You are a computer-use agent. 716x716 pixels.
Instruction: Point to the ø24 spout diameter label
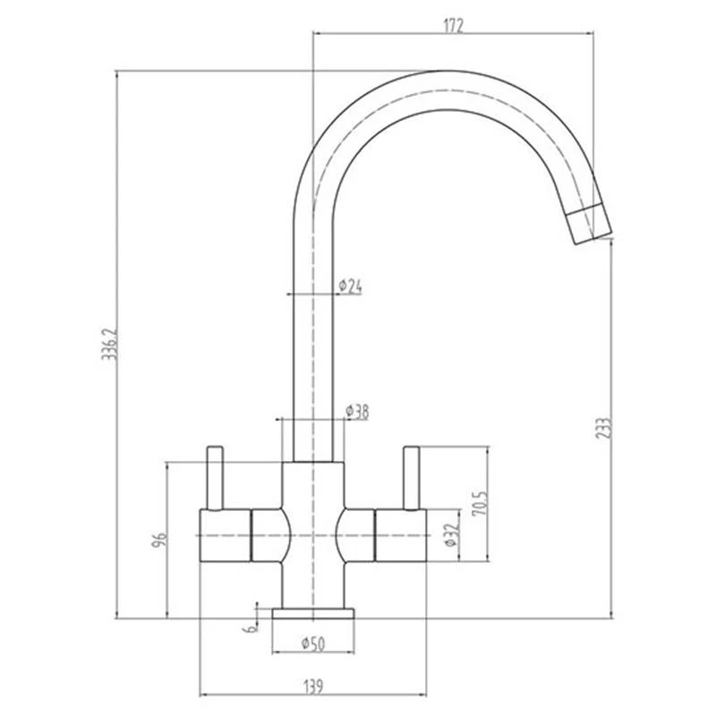point(350,286)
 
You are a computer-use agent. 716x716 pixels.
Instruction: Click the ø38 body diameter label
point(357,412)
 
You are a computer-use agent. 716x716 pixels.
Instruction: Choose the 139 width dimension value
point(312,686)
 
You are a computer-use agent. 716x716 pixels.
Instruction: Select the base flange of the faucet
point(313,613)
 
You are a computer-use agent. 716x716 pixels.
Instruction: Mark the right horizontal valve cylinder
point(403,534)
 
